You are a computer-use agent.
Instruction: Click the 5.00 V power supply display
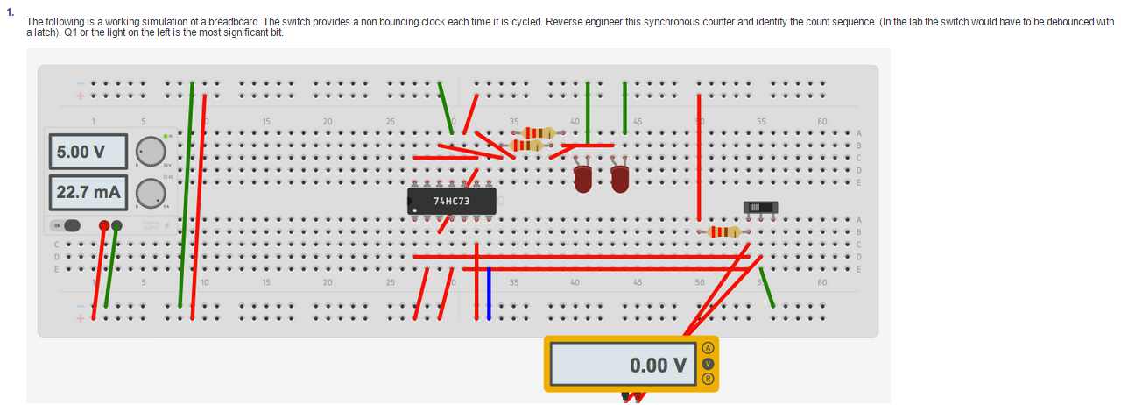click(87, 152)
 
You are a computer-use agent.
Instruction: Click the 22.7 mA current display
click(87, 192)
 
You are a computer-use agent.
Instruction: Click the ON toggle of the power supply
click(67, 225)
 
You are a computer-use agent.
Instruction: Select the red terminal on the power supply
click(105, 225)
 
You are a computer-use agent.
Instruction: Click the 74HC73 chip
click(452, 201)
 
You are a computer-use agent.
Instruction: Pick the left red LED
click(582, 179)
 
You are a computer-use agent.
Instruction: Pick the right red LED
click(620, 179)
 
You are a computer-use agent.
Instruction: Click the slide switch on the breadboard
click(760, 207)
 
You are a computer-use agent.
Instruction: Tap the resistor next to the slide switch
click(720, 231)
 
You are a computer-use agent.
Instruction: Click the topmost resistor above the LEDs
click(534, 132)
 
